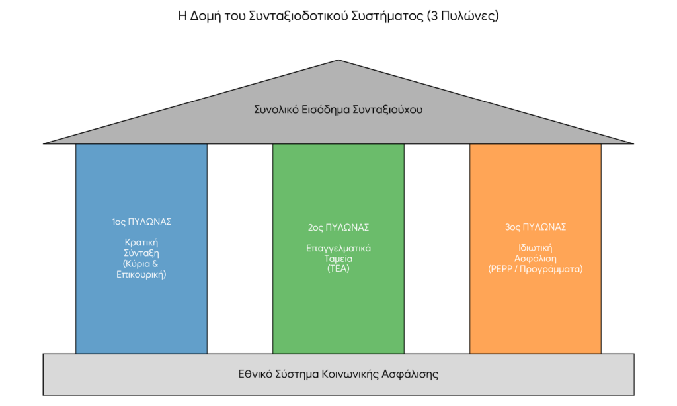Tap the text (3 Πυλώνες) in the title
coord(462,16)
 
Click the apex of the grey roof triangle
coord(338,60)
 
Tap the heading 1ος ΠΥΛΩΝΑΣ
coord(141,222)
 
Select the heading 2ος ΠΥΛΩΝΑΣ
coord(338,227)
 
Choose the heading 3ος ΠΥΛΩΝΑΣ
coord(536,227)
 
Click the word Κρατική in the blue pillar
coord(141,243)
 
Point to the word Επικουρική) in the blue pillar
coord(141,274)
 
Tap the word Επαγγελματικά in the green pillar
coord(338,249)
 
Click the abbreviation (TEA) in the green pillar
coord(338,268)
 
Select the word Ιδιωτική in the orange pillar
coord(536,248)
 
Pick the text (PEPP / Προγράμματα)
coord(536,269)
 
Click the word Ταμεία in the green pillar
coord(338,259)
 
